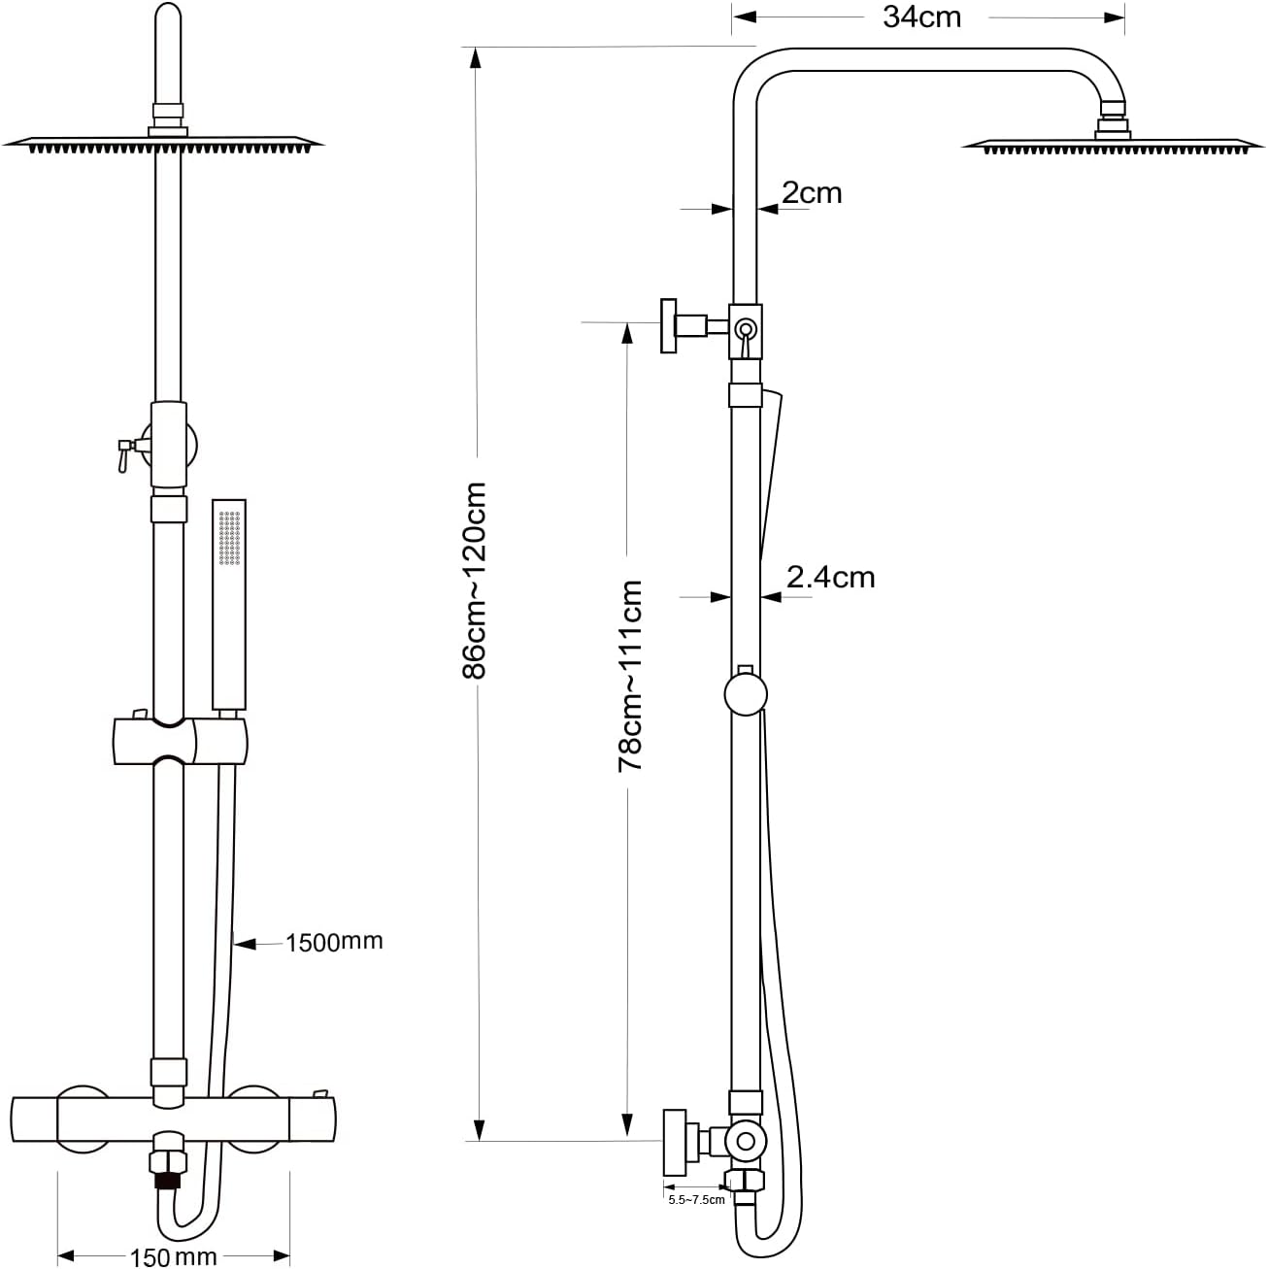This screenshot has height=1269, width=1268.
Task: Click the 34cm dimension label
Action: [x=921, y=17]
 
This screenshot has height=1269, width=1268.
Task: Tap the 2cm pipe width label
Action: [x=812, y=193]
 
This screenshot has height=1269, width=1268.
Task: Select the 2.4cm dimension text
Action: [x=831, y=578]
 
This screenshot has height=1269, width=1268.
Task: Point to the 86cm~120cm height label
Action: [x=474, y=581]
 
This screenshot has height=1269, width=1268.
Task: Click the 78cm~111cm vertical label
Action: [x=630, y=676]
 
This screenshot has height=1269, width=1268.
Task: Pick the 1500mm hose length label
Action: [x=334, y=942]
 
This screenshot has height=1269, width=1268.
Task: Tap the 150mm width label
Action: [x=173, y=1256]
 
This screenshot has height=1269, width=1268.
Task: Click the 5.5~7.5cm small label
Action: [x=696, y=1200]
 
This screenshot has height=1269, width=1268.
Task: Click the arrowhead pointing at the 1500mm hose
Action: [x=245, y=945]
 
